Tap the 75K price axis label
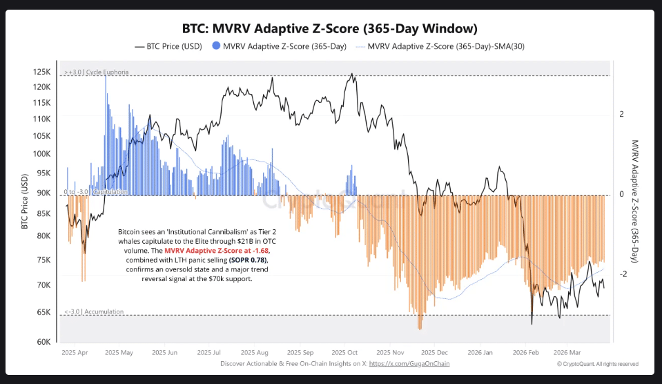coord(43,260)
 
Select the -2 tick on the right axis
coord(622,274)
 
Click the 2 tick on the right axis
coord(621,114)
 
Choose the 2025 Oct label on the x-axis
coord(344,352)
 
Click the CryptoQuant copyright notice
coord(597,364)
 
